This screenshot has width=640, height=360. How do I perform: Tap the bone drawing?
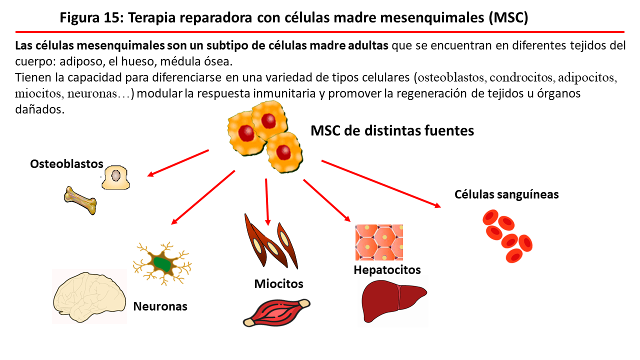pos(80,200)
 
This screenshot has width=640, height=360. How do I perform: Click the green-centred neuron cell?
pos(162,263)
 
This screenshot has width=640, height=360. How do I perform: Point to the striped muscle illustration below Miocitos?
pos(276,312)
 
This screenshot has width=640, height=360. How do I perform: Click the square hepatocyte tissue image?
pos(379,242)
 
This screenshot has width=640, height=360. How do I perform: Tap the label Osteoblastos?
pos(66,164)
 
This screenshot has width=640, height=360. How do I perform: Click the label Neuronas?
pos(160,306)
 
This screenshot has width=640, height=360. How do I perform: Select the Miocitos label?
pos(278,284)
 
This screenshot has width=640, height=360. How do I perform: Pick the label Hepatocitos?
pos(387,270)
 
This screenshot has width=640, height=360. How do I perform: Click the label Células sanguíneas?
pos(506,194)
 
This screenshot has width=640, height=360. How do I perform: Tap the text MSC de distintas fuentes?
pos(392,131)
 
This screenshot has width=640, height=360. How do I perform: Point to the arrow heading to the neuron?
pos(203,197)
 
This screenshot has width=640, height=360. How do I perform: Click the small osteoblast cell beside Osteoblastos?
pos(115,177)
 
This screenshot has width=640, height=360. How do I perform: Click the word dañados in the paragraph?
pos(40,109)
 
